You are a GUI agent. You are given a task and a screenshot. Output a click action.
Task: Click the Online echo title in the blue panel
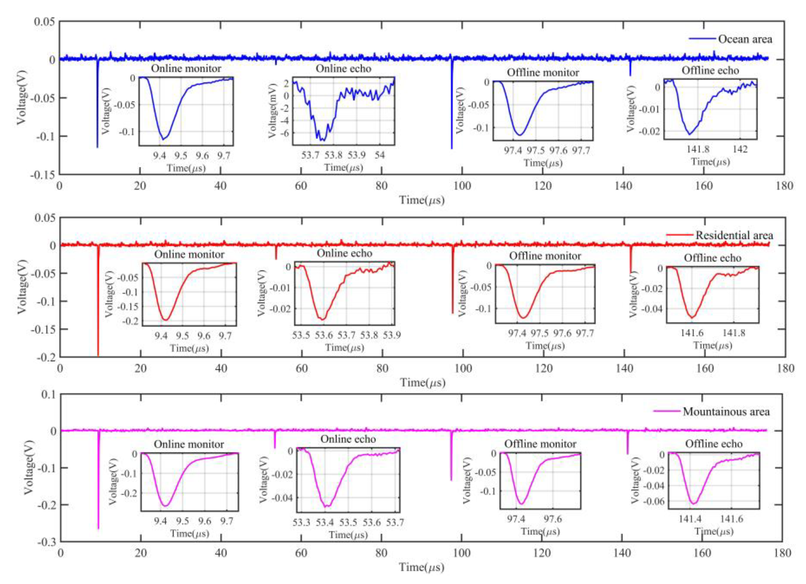pos(343,69)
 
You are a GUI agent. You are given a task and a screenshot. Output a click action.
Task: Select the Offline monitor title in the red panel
pos(545,256)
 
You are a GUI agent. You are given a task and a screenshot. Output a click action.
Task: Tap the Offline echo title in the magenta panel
pos(714,444)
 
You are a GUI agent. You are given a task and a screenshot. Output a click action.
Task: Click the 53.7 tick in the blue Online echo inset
pos(310,155)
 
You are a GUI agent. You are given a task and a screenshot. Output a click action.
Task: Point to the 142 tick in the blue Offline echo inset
pos(740,149)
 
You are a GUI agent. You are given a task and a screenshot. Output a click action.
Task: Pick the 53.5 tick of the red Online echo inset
pos(301,335)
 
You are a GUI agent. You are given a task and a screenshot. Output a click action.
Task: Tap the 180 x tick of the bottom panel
pos(782,553)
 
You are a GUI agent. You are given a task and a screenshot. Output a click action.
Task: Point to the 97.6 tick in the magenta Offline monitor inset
pos(553,519)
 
